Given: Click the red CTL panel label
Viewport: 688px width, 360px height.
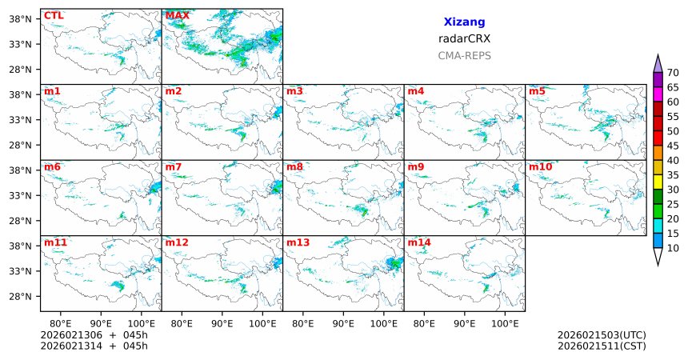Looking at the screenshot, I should tap(54, 15).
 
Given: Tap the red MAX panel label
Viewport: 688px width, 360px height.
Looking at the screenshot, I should tap(177, 15).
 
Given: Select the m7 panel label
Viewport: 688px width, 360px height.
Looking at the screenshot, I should tap(174, 166).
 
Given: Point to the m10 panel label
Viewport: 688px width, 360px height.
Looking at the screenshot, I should tap(540, 166).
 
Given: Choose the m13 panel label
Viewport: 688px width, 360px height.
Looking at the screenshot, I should tap(298, 242).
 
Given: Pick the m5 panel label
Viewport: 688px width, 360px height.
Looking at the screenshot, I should tap(537, 91).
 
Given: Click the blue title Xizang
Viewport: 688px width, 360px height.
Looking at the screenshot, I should tap(464, 22).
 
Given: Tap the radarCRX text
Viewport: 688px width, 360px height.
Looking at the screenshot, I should tap(464, 38).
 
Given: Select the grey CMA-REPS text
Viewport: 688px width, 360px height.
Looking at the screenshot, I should tap(464, 56).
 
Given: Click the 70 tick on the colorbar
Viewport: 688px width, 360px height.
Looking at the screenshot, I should tap(673, 73).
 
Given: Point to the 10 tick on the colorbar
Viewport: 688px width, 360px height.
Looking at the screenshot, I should tap(673, 249).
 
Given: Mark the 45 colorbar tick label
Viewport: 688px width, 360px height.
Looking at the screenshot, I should tap(673, 146).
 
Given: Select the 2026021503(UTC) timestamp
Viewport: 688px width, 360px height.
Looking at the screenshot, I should tap(602, 334).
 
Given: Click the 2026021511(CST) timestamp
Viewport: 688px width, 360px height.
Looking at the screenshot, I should tap(602, 346).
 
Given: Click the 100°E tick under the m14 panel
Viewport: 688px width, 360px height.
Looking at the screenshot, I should tap(506, 324).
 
